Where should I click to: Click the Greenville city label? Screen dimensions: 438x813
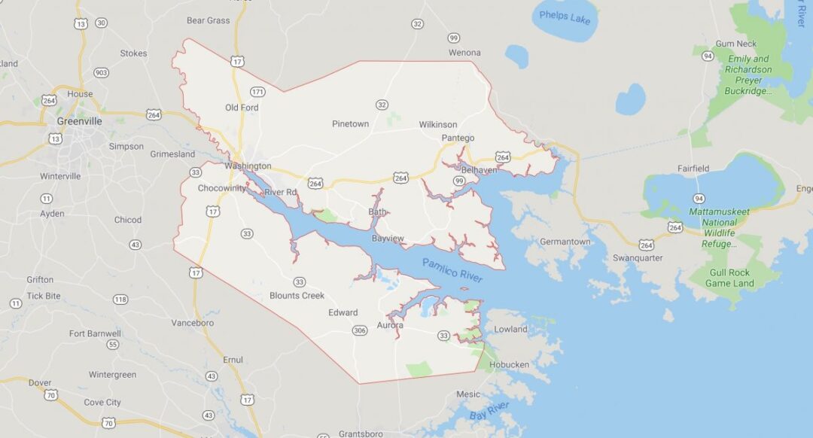coord(79,120)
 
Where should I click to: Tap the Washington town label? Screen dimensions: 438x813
coord(248,166)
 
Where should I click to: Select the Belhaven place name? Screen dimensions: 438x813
coord(479,170)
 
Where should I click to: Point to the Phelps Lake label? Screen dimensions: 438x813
coord(565,17)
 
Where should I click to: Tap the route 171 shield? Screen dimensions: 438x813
coord(257,92)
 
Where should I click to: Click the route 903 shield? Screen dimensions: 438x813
coord(101,72)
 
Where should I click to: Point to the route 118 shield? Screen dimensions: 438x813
coord(120,300)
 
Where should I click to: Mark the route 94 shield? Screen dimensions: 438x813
coord(699,198)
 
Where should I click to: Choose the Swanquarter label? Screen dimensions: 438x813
coord(637,257)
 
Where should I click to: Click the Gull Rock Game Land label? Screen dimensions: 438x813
coord(729,278)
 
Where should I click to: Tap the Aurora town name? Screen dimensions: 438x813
coord(390,325)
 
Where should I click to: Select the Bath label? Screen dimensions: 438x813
coord(377,212)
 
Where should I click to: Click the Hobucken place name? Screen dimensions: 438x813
coord(509,365)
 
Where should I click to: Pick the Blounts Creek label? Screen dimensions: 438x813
coord(297,296)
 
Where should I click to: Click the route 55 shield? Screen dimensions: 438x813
coord(112,345)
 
